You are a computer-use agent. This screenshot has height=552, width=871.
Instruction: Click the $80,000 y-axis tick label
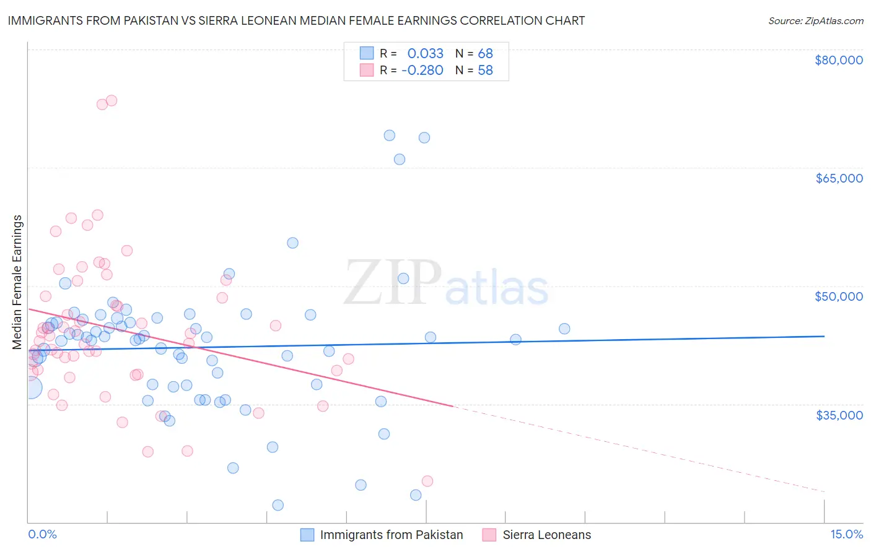839,60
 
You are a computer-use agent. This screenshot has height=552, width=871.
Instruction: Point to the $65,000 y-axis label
839,178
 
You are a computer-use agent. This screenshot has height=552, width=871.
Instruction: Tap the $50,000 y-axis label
839,296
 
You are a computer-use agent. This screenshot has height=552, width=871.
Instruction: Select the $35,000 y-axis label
839,415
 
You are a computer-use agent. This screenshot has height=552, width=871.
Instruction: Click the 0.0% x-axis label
42,535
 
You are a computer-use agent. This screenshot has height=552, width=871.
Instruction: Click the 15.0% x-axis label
846,535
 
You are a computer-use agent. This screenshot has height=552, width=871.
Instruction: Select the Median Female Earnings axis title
17,282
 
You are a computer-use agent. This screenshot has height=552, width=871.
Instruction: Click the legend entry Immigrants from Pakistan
391,535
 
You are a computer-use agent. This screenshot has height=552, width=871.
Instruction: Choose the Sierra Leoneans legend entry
546,535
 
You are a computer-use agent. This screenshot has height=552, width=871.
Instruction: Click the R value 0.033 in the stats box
426,53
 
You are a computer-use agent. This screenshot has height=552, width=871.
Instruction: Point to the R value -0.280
422,71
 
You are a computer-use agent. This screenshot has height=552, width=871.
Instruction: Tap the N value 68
485,53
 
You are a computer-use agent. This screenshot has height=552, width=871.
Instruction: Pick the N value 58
485,71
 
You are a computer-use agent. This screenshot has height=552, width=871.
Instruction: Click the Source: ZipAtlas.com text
815,21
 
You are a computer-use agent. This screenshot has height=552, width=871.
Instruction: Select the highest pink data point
112,100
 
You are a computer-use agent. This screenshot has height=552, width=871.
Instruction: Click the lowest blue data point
278,505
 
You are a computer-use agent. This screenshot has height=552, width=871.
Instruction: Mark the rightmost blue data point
564,329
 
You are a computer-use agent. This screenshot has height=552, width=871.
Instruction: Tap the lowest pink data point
427,481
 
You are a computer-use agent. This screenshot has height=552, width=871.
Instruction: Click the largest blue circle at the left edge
30,388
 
